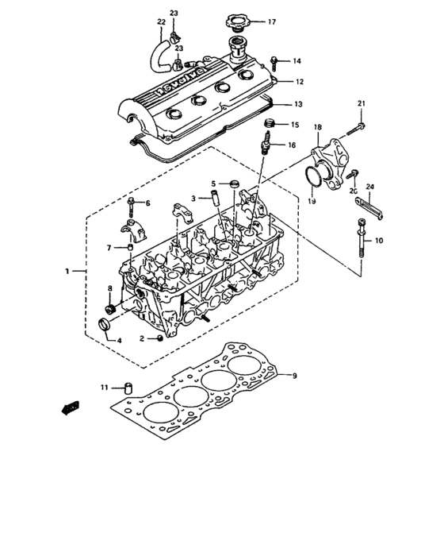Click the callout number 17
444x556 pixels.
(x=272, y=21)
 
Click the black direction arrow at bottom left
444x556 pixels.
(x=71, y=407)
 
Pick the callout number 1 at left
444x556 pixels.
(x=67, y=271)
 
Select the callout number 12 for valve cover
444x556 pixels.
(x=299, y=81)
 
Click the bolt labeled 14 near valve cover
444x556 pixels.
(x=275, y=60)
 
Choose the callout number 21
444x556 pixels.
(x=361, y=104)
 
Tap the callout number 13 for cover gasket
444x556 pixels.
(x=298, y=103)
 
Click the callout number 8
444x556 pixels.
(x=109, y=288)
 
